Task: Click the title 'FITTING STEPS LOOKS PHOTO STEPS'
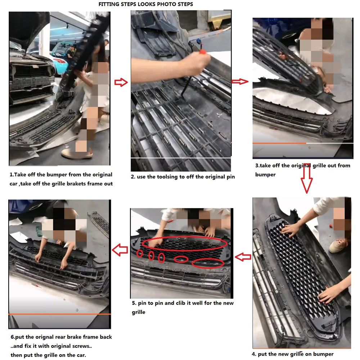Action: click(145, 4)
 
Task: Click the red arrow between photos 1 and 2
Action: click(121, 82)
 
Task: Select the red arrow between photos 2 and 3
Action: click(240, 81)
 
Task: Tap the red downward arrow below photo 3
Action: click(307, 178)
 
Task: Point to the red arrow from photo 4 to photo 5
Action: click(243, 257)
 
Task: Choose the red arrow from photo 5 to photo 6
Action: click(120, 250)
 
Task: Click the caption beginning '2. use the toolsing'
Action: click(183, 177)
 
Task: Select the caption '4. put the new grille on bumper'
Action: click(292, 354)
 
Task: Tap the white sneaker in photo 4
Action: click(338, 245)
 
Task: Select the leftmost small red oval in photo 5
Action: click(140, 253)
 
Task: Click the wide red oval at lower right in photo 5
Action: click(208, 264)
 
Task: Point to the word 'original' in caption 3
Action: click(301, 166)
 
